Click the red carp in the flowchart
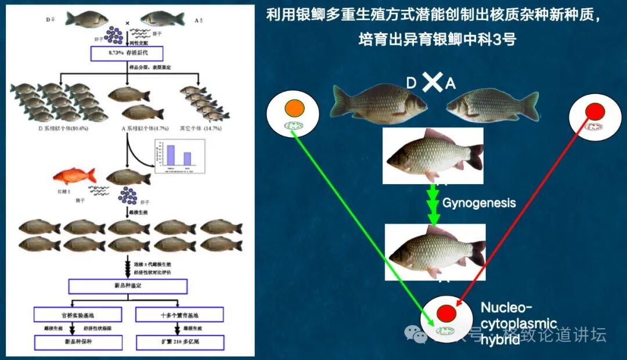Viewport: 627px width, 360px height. pos(73,175)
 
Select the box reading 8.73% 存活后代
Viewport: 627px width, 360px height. pos(127,53)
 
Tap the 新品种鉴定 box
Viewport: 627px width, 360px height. pos(127,286)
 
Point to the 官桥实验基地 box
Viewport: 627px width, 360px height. pos(78,315)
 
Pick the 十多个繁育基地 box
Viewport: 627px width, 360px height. pos(179,315)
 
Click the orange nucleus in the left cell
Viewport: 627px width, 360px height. pos(295,109)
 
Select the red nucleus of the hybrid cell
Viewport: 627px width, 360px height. pos(446,313)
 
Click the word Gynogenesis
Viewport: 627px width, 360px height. pos(479,203)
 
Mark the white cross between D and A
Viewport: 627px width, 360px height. pos(431,83)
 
